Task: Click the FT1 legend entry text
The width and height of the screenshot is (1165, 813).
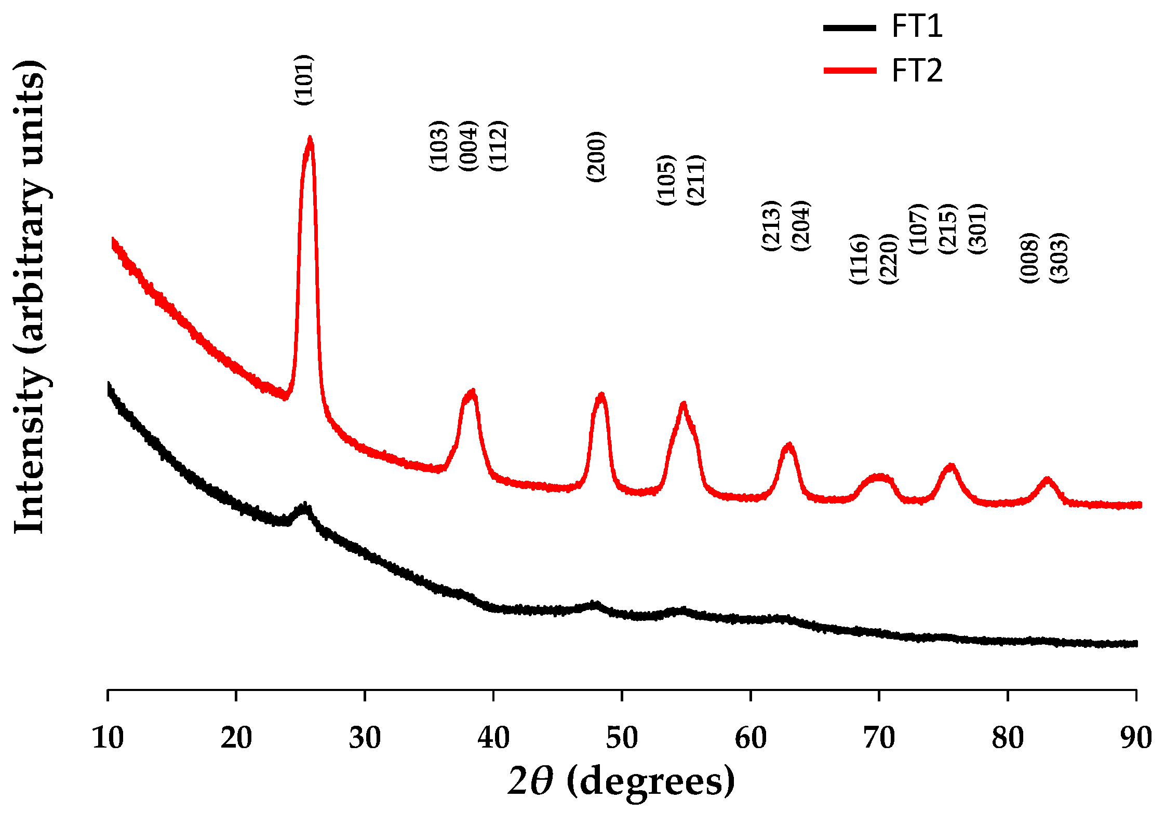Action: pyautogui.click(x=917, y=26)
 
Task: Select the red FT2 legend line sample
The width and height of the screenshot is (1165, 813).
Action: pyautogui.click(x=850, y=71)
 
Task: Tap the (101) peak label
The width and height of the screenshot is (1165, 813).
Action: pyautogui.click(x=304, y=80)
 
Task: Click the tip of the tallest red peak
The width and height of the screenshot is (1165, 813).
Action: pyautogui.click(x=310, y=139)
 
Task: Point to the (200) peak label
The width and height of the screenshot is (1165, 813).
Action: pyautogui.click(x=596, y=157)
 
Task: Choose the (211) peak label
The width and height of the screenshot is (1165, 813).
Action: pyautogui.click(x=695, y=180)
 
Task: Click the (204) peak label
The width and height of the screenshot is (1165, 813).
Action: pyautogui.click(x=800, y=225)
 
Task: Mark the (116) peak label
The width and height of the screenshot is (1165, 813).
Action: pyautogui.click(x=859, y=259)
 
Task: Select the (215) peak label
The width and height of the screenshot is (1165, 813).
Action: pyautogui.click(x=948, y=229)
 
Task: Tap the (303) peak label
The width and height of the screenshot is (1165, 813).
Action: pyautogui.click(x=1059, y=258)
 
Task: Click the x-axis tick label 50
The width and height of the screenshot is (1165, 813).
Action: pyautogui.click(x=622, y=738)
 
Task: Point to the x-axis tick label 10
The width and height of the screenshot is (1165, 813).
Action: pyautogui.click(x=108, y=738)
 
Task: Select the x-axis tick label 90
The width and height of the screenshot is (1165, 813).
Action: pyautogui.click(x=1136, y=738)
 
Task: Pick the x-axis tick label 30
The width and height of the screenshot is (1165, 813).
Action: pyautogui.click(x=365, y=738)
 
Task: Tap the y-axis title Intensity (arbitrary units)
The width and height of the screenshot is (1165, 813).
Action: pyautogui.click(x=30, y=296)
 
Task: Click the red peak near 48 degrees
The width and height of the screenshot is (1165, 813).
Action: pyautogui.click(x=601, y=396)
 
